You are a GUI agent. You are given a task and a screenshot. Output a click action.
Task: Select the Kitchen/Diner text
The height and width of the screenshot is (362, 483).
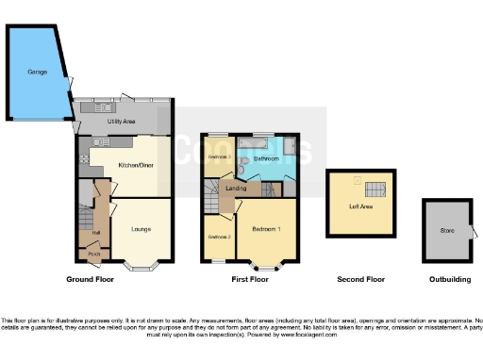point(136,165)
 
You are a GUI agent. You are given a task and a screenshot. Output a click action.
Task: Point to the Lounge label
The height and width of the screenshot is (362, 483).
point(141,228)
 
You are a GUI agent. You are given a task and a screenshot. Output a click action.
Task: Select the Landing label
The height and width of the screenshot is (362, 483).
point(236,189)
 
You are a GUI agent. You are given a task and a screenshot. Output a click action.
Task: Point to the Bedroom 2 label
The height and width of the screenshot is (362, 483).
point(219,236)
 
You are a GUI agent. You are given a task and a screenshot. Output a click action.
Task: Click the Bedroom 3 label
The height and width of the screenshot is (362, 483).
point(219,156)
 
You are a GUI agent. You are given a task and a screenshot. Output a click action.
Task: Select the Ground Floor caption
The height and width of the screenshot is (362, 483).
point(91,280)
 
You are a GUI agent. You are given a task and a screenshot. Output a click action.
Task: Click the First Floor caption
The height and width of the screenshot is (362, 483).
point(250,280)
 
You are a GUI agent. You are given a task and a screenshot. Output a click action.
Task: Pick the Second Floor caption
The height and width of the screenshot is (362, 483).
point(361,280)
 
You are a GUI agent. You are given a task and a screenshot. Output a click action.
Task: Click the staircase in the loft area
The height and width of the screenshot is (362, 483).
point(375,188)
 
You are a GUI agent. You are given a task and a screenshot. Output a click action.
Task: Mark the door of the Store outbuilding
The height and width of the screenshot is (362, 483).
point(474,232)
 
